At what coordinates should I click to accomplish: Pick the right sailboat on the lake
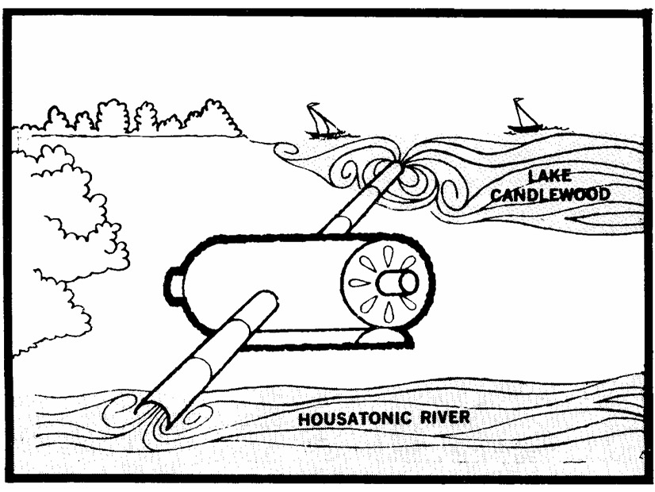coord(524,117)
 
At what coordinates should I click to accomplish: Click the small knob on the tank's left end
coord(174,282)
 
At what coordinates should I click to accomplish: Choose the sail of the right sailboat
coord(522,112)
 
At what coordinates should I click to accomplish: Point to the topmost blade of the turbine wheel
coord(387,255)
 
